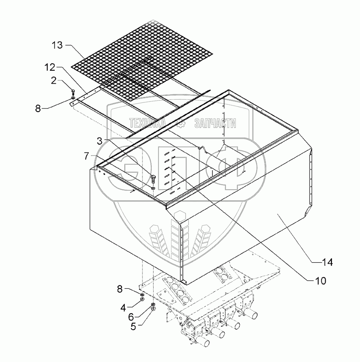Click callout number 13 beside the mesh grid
(x=58, y=45)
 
